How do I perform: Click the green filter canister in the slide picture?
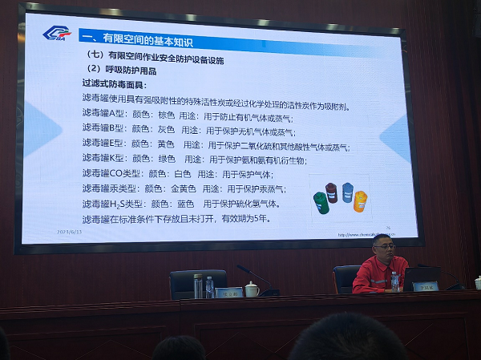click(321, 202)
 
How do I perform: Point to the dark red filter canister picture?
click(331, 192)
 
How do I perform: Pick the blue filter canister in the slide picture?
click(348, 192)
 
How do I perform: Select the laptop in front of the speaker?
click(420, 278)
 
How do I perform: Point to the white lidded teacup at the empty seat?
click(252, 288)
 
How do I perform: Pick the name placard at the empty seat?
click(229, 292)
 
